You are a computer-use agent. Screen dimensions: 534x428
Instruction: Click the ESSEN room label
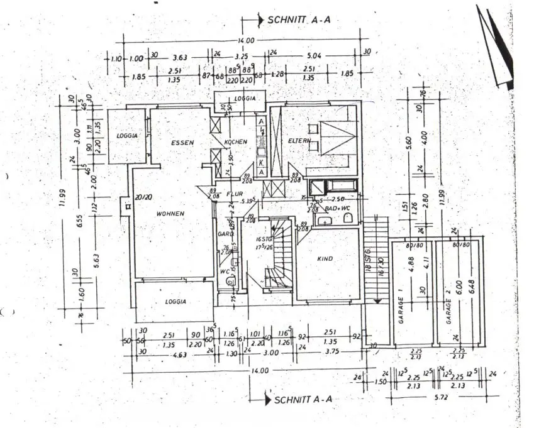pyautogui.click(x=182, y=143)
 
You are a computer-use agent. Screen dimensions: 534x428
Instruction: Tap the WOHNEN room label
pyautogui.click(x=171, y=214)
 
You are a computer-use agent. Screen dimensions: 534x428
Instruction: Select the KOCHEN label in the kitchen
pyautogui.click(x=236, y=142)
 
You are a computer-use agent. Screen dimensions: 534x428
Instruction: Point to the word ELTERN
pyautogui.click(x=299, y=141)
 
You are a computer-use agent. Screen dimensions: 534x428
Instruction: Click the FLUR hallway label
pyautogui.click(x=234, y=194)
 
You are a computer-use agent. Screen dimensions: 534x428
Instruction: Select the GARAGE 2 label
pyautogui.click(x=449, y=310)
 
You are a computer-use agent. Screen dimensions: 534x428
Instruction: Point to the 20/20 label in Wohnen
pyautogui.click(x=143, y=197)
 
